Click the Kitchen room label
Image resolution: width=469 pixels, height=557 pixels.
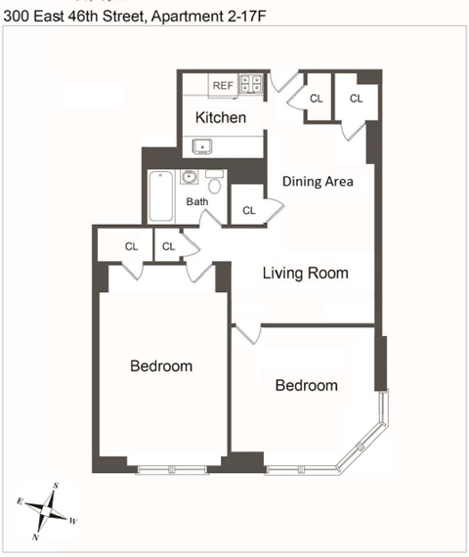pos(220,118)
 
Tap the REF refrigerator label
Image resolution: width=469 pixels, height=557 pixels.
pos(224,86)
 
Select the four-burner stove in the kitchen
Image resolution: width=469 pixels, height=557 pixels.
pos(252,84)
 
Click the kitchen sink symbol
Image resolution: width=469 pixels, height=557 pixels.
pos(204,147)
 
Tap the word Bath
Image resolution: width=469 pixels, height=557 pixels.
pos(198,202)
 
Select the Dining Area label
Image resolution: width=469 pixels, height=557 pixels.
pos(318,182)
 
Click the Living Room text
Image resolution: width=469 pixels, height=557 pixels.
pos(305,273)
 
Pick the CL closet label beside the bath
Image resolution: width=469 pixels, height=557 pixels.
pos(248,210)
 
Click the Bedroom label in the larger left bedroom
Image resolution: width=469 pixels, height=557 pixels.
pos(161,366)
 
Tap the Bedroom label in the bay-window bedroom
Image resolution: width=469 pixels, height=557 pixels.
pos(306,385)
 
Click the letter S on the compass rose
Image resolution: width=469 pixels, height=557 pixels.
pos(56,486)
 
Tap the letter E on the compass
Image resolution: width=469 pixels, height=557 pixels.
pos(20,499)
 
